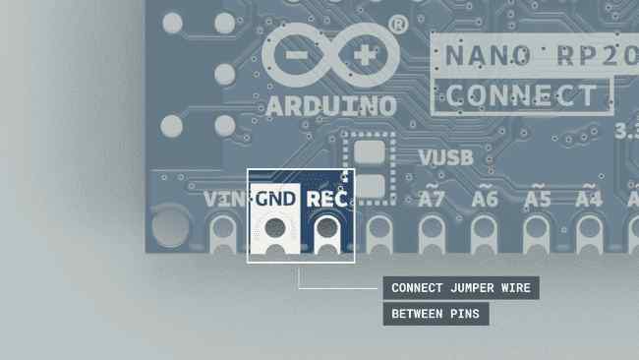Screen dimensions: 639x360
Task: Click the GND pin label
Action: coord(275,199)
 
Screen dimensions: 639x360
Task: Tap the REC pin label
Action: coord(326,199)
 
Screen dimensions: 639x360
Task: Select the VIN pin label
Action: coord(224,199)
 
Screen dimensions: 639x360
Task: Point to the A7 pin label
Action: coord(432,198)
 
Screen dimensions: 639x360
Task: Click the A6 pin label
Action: coord(485,198)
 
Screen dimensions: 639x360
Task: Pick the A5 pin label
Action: coord(538,198)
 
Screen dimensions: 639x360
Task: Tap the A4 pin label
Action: coord(589,198)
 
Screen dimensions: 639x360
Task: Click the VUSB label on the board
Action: coord(446,157)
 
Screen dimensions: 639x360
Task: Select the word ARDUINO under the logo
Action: coord(331,106)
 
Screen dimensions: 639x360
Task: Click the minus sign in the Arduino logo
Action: coord(296,55)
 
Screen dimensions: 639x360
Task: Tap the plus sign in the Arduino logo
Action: coord(365,55)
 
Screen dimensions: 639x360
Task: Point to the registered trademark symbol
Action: coord(398,25)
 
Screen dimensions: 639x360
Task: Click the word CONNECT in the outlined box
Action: coord(521,95)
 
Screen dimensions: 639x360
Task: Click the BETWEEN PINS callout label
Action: coord(436,314)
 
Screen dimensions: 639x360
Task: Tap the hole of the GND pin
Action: coord(275,227)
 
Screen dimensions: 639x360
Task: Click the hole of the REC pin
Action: coord(326,227)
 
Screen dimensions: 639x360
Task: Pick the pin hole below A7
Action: coord(432,227)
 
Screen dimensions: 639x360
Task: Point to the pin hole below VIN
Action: coord(223,227)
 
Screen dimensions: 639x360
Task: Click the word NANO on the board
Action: coord(488,55)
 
